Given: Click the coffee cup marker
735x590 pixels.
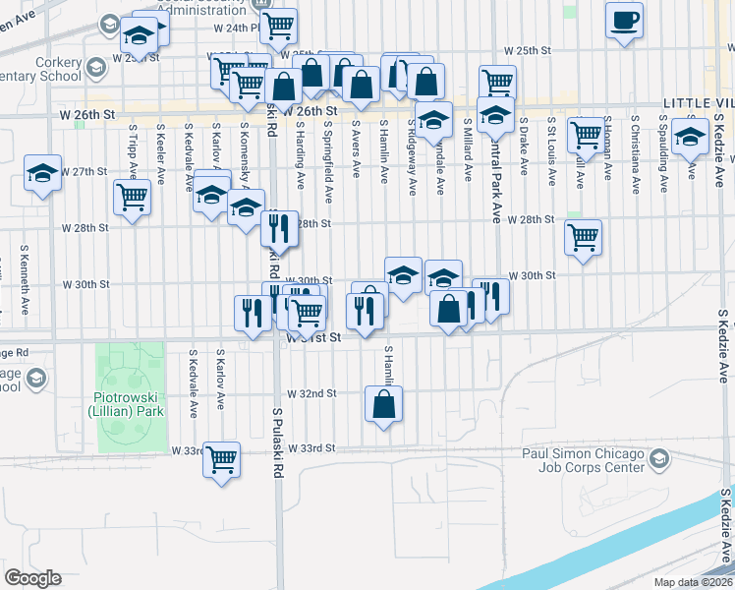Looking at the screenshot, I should (x=624, y=21).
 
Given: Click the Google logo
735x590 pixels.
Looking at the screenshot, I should (x=32, y=578).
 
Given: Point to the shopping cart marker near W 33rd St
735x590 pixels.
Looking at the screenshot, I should (x=222, y=458).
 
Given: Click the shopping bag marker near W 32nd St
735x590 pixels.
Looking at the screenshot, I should (x=383, y=403).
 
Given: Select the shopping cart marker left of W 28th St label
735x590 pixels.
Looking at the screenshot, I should (x=132, y=196).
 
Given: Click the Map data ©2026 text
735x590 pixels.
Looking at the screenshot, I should (x=694, y=582).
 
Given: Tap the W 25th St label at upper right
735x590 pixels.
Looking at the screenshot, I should (x=530, y=50).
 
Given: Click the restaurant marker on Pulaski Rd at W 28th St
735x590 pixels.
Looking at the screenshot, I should (x=279, y=229).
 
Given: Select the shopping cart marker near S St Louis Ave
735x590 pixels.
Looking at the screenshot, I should (x=586, y=134).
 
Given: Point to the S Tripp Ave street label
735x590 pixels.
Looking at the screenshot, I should (x=131, y=147).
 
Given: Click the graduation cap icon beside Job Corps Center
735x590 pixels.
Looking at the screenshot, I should (x=658, y=458).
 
